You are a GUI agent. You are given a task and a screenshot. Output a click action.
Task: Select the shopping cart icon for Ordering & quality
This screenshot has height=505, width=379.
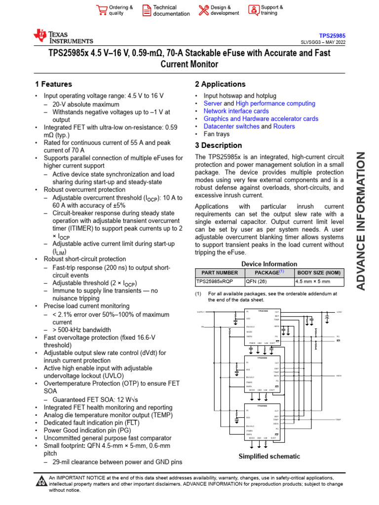click(102, 10)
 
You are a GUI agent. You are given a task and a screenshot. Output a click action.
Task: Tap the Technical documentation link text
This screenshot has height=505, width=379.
click(171, 10)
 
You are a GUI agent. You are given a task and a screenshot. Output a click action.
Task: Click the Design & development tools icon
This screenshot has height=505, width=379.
click(203, 10)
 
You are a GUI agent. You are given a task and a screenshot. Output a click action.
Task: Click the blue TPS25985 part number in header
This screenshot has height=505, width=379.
click(332, 36)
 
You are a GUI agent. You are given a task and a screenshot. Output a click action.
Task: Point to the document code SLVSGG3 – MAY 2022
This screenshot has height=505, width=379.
click(323, 42)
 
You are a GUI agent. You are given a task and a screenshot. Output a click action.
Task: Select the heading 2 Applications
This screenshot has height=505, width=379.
click(220, 84)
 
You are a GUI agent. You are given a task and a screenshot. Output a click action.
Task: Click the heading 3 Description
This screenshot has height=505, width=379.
click(218, 145)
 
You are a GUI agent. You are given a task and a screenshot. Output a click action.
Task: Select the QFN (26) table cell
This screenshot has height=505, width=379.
click(256, 282)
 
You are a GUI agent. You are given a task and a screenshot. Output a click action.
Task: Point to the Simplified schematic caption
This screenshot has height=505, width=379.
click(269, 456)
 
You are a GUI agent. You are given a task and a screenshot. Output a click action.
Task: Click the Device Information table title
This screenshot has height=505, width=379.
click(269, 264)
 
